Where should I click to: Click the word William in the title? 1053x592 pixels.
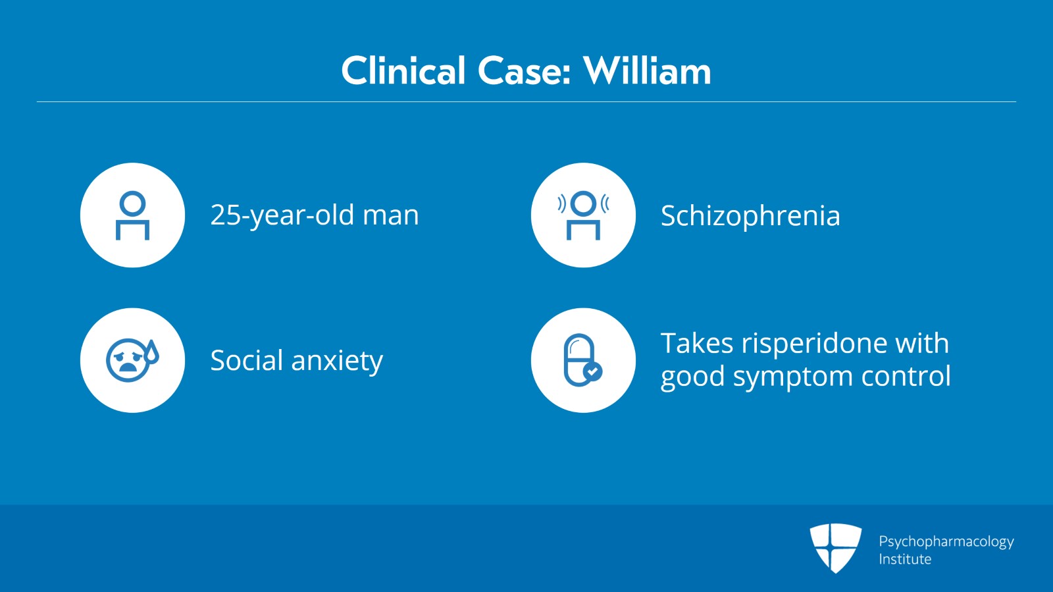pos(647,71)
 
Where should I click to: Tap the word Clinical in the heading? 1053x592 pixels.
pos(403,71)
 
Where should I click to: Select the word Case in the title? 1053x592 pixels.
pos(524,71)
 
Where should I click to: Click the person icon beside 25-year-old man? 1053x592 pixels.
pos(132,215)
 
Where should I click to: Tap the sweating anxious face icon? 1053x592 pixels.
pos(132,360)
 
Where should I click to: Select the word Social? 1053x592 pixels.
pos(247,360)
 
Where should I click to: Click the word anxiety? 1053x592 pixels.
pos(337,361)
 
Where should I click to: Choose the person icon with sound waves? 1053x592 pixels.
pos(583,215)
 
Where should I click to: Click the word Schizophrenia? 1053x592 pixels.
pos(750,216)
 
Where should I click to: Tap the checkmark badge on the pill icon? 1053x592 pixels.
pos(593,372)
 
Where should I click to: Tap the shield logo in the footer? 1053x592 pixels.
pos(835,547)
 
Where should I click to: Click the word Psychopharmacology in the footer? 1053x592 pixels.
pos(946,541)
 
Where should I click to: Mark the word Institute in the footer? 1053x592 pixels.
pos(905,559)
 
